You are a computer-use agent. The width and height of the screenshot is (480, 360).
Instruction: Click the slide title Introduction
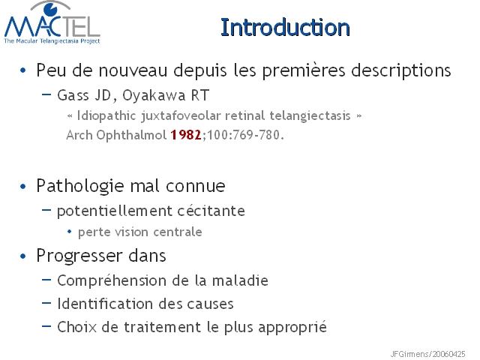coord(285,28)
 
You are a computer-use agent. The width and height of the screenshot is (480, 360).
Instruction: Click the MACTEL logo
coord(52,22)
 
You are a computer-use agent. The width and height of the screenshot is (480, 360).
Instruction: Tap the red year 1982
coord(186,135)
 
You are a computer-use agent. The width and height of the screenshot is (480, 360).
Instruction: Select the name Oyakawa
coord(154,95)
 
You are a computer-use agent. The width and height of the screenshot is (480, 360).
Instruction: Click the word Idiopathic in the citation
coord(106,116)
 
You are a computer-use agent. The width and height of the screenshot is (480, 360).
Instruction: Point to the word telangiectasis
coord(310,115)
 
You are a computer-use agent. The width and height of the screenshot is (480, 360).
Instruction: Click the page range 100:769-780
coord(243,135)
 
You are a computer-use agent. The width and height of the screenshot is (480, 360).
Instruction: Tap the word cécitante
coord(211,211)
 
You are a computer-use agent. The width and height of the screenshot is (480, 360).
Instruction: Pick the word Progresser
coord(79,256)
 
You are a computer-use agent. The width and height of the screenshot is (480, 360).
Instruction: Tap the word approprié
coord(292,327)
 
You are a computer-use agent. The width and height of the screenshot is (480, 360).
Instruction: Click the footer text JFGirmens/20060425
coord(427,354)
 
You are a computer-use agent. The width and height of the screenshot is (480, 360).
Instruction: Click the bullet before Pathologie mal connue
coord(23,187)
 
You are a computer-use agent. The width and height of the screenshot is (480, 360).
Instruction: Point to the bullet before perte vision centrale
coord(69,232)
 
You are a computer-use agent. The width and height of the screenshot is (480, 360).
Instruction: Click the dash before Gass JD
coord(46,94)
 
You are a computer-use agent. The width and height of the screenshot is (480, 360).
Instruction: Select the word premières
coord(304,70)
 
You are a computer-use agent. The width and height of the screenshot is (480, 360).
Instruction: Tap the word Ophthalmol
coord(132,135)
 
